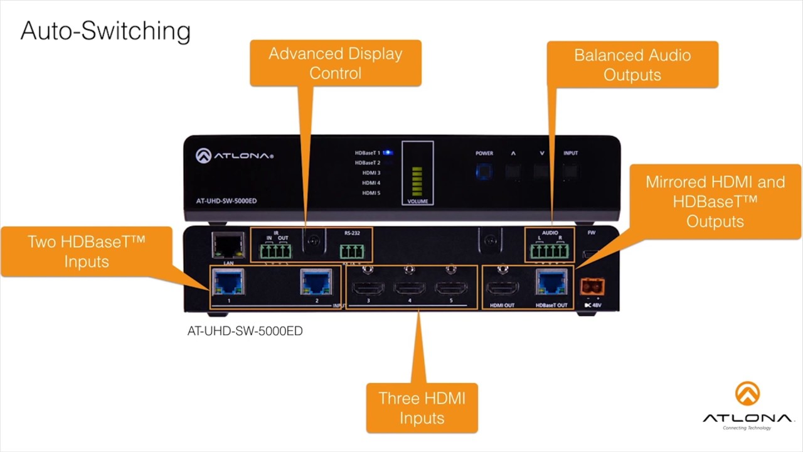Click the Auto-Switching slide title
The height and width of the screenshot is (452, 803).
coord(105,31)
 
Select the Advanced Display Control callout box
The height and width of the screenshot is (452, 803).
coord(335,63)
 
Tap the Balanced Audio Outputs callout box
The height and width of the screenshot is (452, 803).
coord(632,65)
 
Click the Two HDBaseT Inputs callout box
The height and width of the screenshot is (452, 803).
coord(86,251)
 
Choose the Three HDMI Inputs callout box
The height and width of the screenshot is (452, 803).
coord(422,408)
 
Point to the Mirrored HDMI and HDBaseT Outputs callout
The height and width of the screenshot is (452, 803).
coord(715,202)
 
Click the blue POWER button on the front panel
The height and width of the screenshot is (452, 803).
coord(484,171)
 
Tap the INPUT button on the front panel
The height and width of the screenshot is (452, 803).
coord(570,171)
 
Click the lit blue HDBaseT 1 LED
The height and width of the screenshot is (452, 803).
coord(388,153)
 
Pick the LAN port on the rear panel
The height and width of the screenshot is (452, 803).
coord(228,245)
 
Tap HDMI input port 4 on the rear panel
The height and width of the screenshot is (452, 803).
coord(410,289)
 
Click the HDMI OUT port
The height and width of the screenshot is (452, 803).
coord(501,289)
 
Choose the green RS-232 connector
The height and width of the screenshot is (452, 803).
coord(352,252)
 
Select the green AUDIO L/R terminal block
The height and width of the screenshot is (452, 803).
coord(549,252)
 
